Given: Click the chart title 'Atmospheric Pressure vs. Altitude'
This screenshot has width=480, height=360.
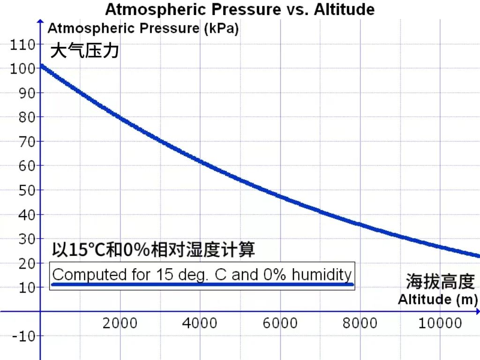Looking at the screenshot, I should coord(240,9).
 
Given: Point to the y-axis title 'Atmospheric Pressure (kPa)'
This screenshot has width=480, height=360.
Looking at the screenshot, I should coord(143,29).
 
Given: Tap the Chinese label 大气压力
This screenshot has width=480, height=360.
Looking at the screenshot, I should coord(84,50).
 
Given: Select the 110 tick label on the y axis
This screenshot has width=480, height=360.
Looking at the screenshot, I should coord(22,45).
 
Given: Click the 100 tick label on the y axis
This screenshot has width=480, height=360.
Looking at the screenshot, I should coord(22,69).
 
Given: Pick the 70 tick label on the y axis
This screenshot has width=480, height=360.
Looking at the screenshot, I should coord(27,142).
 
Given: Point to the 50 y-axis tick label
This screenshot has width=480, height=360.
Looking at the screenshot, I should coord(27,190).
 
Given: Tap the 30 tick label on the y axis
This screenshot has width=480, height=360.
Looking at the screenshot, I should coord(27,239).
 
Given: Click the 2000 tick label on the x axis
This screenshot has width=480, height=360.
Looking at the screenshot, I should coord(120,323).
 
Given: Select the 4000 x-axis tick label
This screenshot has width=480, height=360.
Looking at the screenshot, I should coord(200,323).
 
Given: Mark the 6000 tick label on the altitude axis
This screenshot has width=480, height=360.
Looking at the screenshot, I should coord(280,323).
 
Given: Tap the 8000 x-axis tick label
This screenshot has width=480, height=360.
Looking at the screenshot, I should coord(360,323).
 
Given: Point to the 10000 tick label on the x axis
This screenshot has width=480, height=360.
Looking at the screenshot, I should coord(440,323).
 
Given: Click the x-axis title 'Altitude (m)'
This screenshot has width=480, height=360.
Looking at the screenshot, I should coord(438,300).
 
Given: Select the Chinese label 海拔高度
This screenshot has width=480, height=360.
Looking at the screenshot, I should coord(440,282).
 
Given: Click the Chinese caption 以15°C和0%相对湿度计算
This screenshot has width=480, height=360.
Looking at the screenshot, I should coord(153,250).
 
